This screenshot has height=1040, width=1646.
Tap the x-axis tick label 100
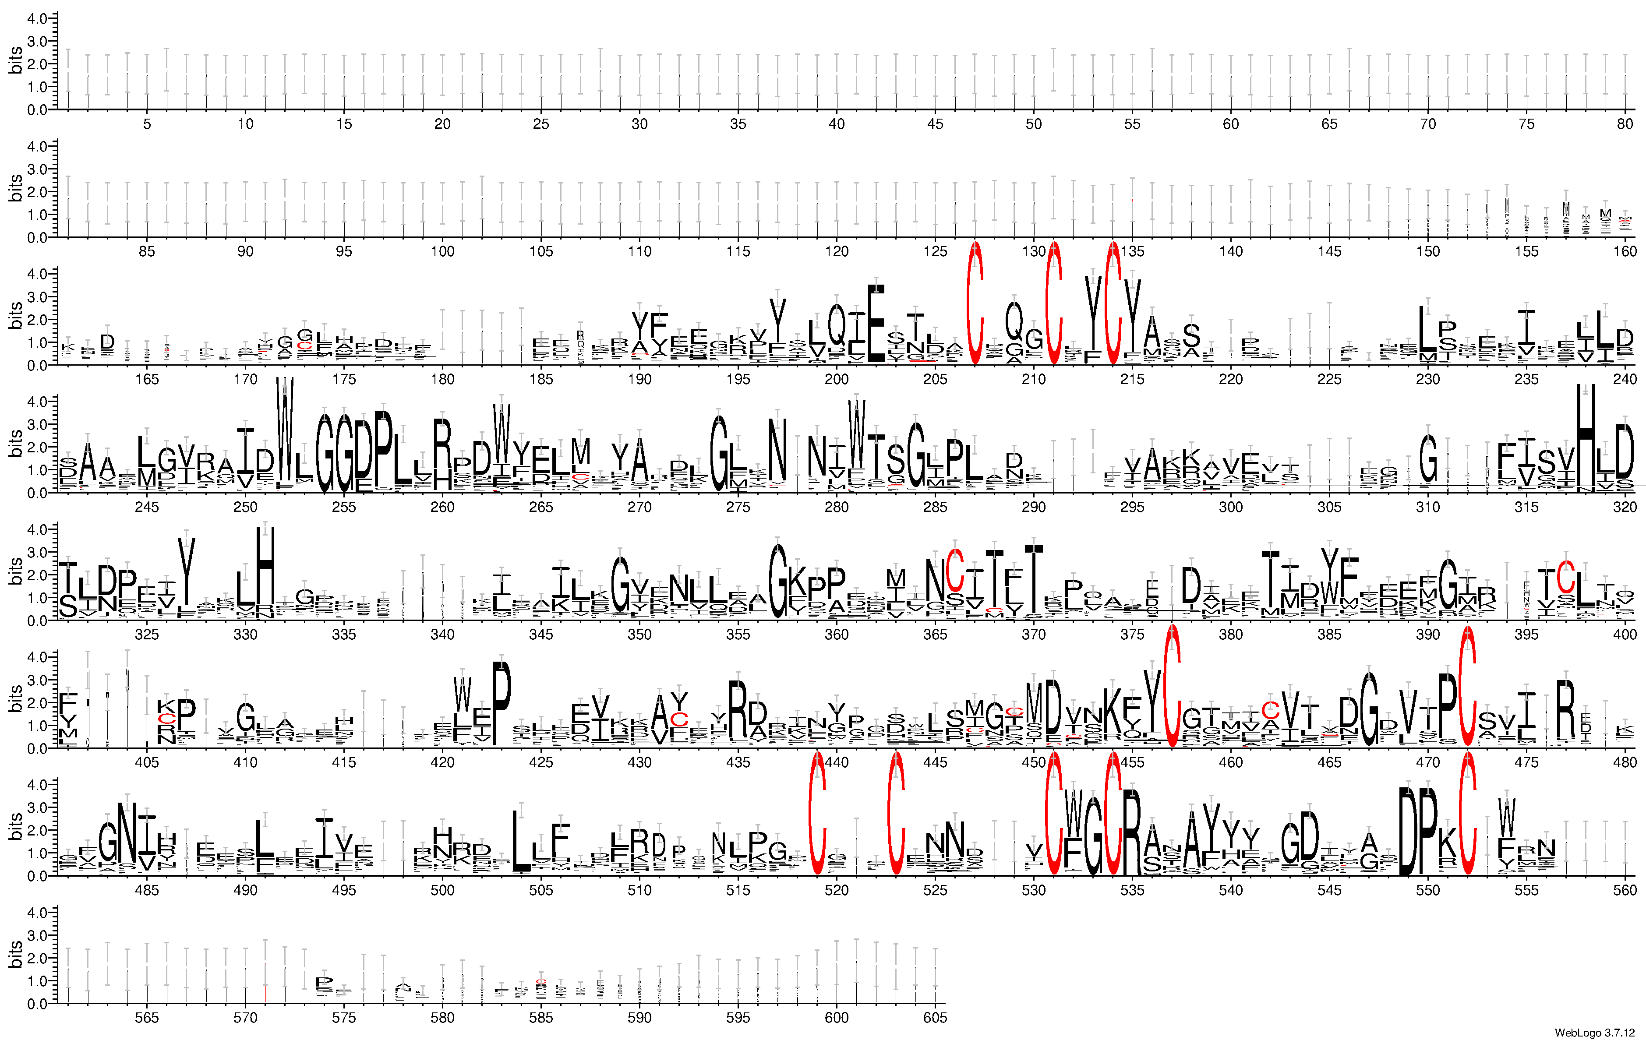(x=442, y=251)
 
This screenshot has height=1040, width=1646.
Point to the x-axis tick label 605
(x=934, y=1018)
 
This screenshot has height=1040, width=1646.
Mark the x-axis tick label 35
(x=738, y=123)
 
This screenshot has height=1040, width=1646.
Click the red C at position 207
(x=975, y=304)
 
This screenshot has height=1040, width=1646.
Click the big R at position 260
(x=442, y=455)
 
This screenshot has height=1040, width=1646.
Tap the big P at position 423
(x=502, y=704)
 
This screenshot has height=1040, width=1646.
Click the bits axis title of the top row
(x=15, y=60)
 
